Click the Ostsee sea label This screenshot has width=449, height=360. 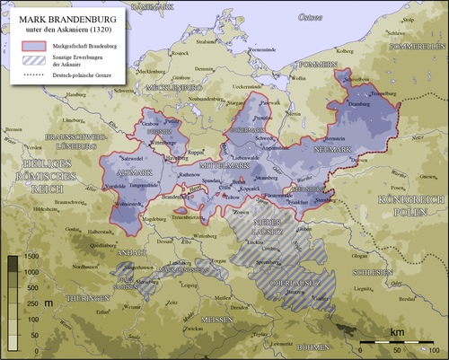click(x=310, y=17)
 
